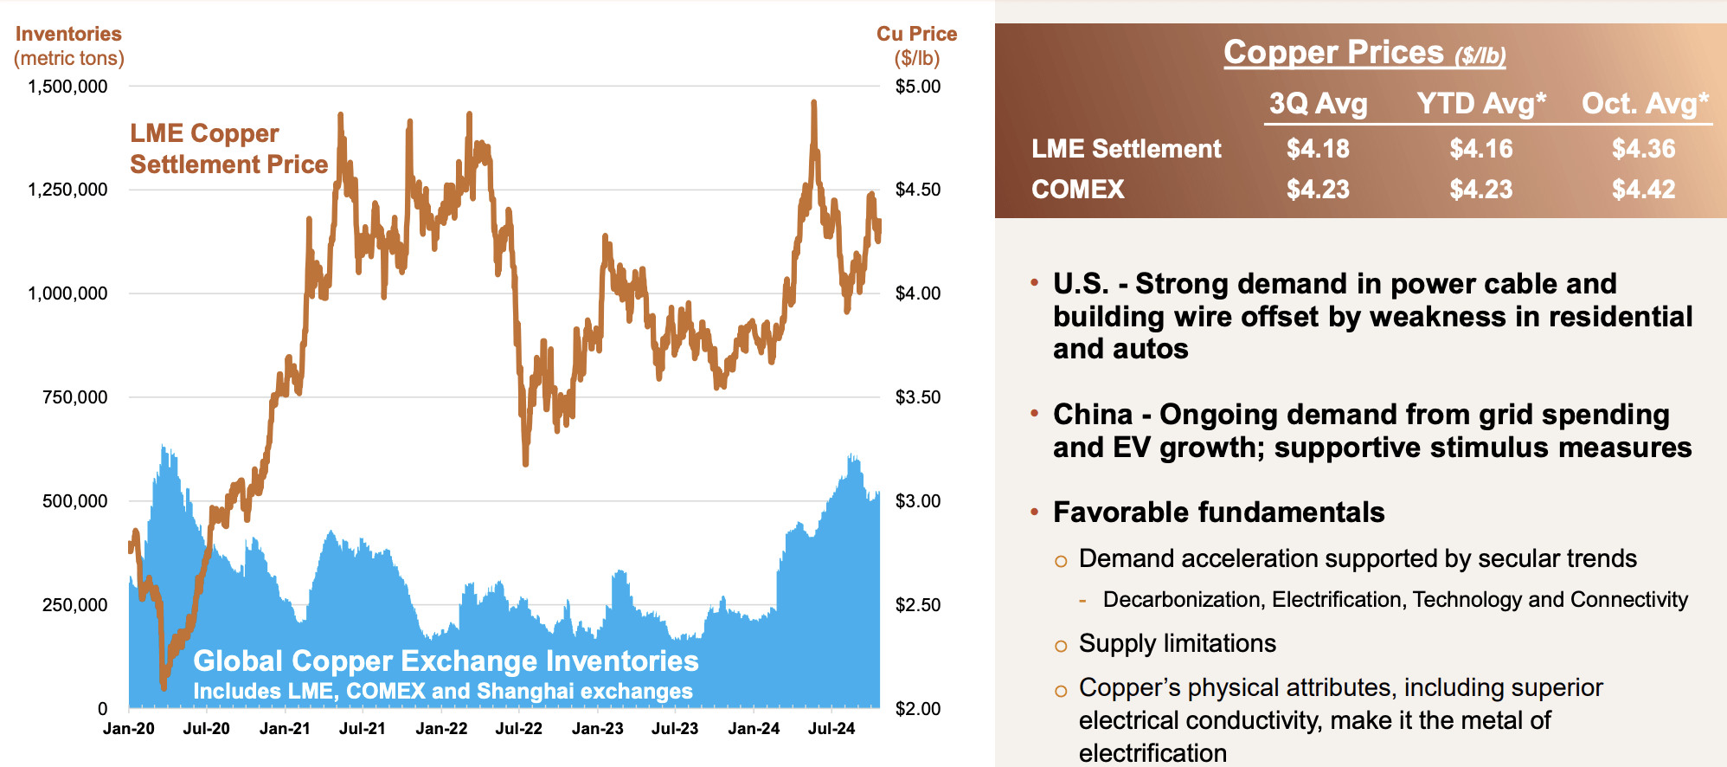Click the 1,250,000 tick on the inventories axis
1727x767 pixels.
[67, 190]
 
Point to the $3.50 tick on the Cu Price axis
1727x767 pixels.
[917, 397]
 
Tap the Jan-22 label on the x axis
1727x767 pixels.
[441, 729]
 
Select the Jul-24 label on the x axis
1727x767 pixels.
[831, 729]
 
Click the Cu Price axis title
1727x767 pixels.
[916, 45]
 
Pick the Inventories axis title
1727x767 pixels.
[68, 45]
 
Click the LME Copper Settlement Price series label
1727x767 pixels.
[228, 149]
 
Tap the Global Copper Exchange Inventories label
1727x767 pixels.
[446, 661]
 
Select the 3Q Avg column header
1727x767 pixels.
[1318, 104]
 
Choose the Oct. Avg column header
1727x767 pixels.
[1644, 104]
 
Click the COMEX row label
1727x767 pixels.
[1077, 190]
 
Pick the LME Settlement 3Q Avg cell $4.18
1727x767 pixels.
[1318, 149]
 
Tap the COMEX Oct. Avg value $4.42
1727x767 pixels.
[1643, 190]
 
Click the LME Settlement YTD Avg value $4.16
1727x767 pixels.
[1480, 149]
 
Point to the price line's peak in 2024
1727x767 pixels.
[813, 103]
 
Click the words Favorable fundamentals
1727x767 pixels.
[1218, 512]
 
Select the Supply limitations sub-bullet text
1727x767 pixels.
[1177, 644]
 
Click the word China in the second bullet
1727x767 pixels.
[1092, 415]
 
